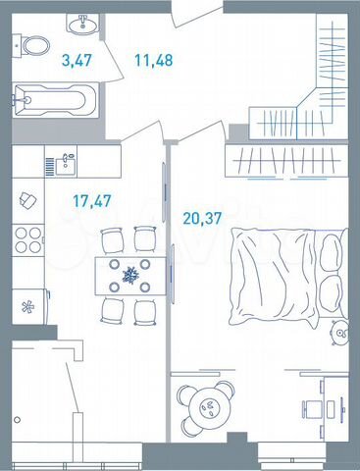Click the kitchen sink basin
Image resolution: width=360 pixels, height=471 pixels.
click(x=66, y=161)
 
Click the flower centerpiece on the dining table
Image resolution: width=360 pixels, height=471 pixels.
click(x=128, y=275)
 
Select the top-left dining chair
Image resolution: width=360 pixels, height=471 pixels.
click(x=110, y=238)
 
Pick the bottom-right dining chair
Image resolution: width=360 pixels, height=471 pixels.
click(x=145, y=312)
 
